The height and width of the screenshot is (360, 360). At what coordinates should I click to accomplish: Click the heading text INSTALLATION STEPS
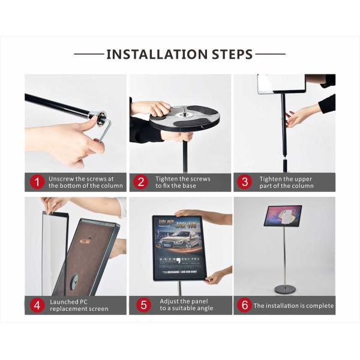(179, 55)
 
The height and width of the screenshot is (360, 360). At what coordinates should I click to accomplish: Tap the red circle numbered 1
(37, 182)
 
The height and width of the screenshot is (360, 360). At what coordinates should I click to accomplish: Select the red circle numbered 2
(141, 182)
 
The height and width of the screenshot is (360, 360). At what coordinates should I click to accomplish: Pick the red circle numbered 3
(244, 182)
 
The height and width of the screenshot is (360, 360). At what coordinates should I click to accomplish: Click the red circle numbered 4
(37, 305)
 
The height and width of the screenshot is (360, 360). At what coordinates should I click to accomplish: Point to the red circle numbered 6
(244, 305)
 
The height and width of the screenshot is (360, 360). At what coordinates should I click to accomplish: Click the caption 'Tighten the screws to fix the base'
(183, 182)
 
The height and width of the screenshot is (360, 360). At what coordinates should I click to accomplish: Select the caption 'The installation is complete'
(293, 305)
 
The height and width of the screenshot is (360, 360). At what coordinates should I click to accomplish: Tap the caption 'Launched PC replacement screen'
(79, 305)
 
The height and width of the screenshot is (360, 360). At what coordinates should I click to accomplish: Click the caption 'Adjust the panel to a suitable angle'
(187, 305)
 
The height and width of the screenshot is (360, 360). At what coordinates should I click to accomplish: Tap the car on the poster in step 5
(179, 239)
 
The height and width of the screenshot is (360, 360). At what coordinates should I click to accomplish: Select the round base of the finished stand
(284, 290)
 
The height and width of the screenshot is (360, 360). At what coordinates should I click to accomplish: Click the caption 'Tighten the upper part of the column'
(286, 182)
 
